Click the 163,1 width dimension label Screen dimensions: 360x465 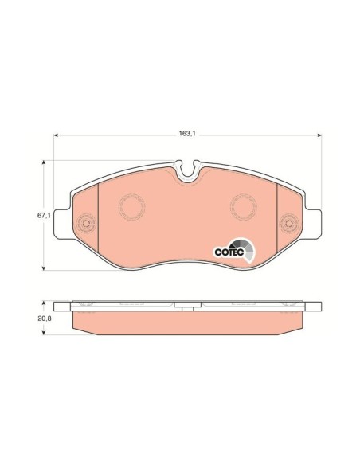(187, 134)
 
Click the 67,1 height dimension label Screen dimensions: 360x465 (44, 216)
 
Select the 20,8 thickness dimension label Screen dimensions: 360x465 (45, 318)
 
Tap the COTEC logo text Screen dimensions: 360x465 (229, 252)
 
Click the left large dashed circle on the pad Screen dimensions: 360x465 (131, 207)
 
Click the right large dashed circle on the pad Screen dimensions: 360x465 (243, 207)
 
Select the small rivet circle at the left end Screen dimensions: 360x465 (86, 223)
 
